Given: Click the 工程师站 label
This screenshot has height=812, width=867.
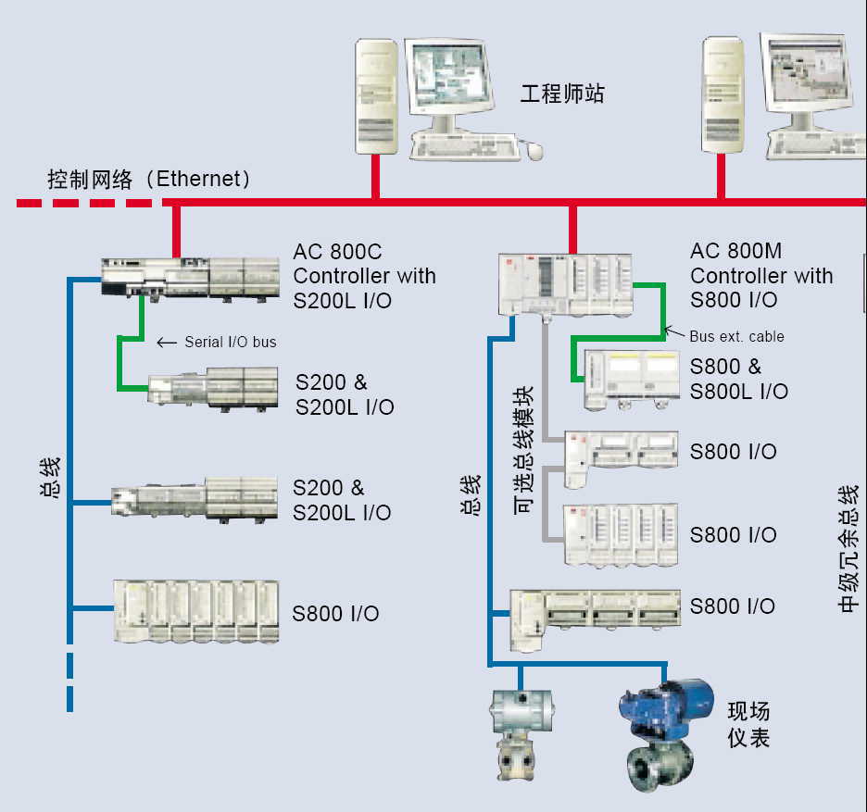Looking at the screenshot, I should (561, 94).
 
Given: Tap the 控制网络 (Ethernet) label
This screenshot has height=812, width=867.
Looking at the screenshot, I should (149, 179).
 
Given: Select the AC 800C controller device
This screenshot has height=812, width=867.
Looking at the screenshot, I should (189, 278).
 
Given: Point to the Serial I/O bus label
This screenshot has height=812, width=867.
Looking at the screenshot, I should (230, 343).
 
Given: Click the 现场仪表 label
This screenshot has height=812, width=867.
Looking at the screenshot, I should (748, 725).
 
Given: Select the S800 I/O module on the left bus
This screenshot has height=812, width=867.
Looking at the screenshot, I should (195, 612).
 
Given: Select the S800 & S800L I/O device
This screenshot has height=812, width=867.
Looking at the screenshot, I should (632, 380).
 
